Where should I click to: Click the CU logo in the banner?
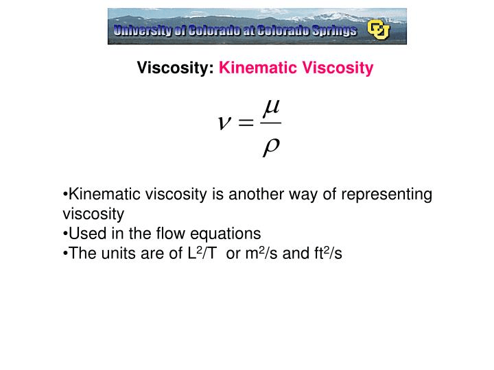click(377, 29)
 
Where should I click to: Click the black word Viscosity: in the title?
click(176, 68)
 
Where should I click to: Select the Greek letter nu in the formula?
click(224, 123)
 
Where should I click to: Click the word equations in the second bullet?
click(228, 233)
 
